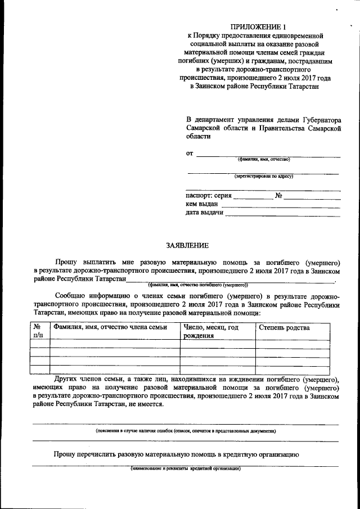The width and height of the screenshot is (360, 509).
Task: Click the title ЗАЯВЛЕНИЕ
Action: (187, 245)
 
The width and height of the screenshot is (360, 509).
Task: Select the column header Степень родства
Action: (284, 328)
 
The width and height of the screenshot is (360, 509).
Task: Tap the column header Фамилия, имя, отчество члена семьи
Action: (110, 328)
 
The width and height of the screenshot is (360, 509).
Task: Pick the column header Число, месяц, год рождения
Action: (211, 332)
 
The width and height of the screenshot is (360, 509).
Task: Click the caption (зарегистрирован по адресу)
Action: (264, 176)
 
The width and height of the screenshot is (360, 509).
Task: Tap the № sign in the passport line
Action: (278, 196)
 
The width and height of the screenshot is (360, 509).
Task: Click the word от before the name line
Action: (190, 154)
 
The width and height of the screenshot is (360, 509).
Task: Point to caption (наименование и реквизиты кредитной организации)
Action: (185, 468)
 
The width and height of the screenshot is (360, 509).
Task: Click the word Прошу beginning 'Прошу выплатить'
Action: (66, 262)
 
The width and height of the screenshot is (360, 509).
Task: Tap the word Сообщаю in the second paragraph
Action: (70, 295)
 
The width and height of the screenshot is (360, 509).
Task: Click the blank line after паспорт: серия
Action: (252, 197)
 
